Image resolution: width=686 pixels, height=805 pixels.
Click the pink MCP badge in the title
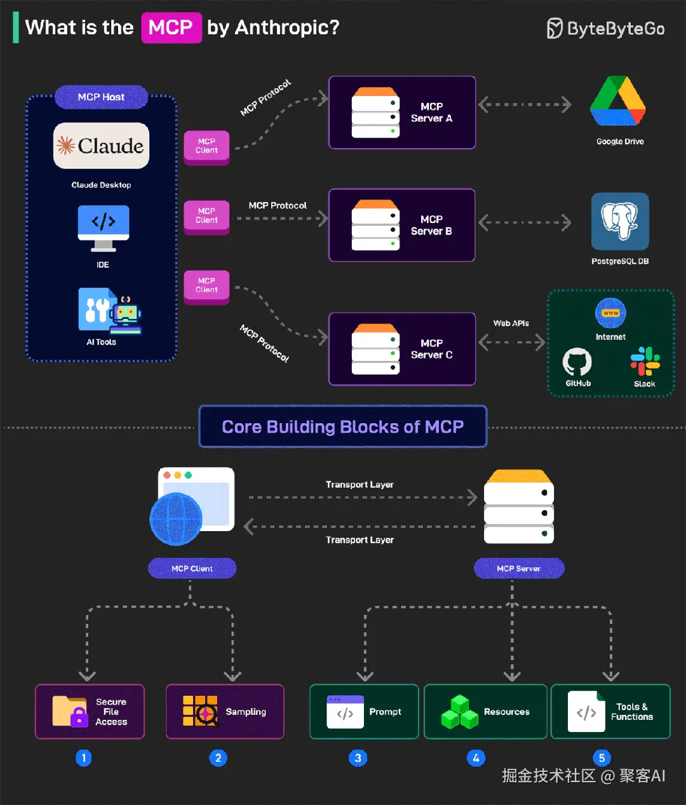171,28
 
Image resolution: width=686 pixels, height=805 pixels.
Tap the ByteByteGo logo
605,29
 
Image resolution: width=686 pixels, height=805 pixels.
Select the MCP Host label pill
101,97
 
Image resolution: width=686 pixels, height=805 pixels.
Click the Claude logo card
102,146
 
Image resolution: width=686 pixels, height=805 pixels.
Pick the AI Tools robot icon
111,311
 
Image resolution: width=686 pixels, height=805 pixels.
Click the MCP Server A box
401,112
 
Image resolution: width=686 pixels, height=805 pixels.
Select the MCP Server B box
401,225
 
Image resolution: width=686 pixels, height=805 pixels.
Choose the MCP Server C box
401,349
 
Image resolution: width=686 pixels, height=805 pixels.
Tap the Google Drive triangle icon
618,102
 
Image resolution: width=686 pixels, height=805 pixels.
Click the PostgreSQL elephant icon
620,221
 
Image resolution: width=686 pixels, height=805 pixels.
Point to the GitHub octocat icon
577,362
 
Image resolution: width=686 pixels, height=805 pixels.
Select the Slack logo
645,362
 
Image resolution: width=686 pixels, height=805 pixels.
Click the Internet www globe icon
610,313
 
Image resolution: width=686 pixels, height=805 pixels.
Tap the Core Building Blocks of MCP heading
343,426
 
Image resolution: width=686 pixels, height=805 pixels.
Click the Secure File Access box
90,712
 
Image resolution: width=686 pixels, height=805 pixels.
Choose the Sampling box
225,712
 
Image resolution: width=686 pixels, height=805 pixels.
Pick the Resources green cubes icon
459,712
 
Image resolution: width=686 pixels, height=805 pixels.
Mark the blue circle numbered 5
602,758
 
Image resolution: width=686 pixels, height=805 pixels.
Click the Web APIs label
511,323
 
